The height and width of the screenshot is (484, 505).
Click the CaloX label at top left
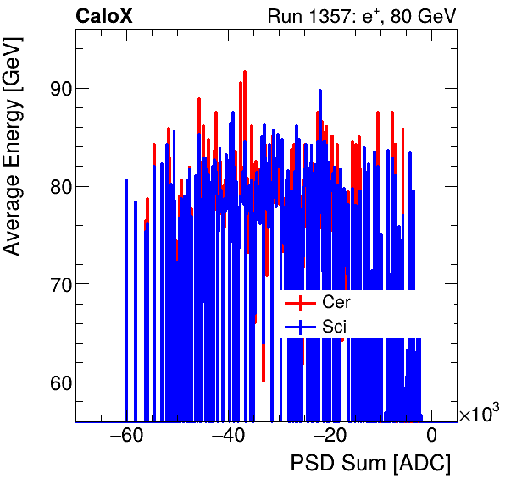pos(104,16)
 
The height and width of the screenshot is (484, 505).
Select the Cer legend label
pos(336,302)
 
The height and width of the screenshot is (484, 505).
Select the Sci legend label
pos(335,327)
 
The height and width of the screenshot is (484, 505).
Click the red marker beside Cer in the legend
pos(294,302)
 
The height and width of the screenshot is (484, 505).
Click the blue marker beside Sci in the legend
pos(294,327)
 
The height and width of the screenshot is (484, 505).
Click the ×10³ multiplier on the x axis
pos(479,414)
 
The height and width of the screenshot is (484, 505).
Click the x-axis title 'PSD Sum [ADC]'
pos(370,464)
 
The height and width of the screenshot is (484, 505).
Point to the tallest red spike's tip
pos(245,72)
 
